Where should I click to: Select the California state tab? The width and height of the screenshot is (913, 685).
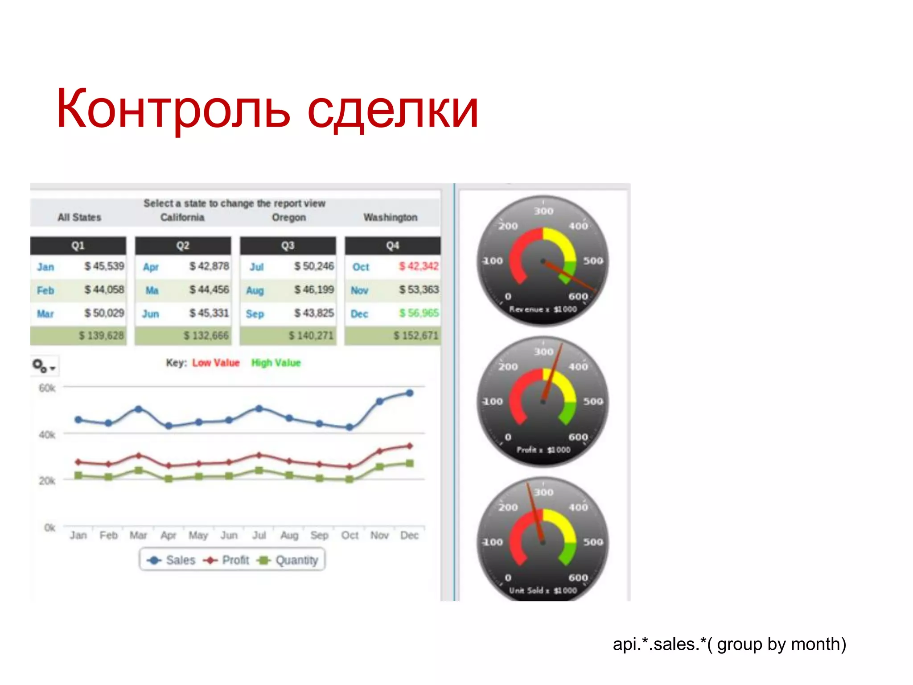(182, 217)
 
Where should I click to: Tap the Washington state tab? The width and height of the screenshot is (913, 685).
(390, 217)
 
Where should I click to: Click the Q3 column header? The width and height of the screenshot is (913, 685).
(288, 245)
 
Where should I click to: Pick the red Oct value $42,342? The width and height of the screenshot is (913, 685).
(419, 266)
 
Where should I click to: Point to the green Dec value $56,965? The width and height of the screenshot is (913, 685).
(419, 313)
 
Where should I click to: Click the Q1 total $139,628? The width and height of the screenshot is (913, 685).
(101, 335)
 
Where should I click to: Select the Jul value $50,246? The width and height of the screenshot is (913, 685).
(314, 266)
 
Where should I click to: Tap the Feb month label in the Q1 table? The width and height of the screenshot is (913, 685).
(45, 290)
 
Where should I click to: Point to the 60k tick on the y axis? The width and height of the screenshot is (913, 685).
(47, 388)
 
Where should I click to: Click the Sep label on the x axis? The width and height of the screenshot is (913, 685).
(319, 535)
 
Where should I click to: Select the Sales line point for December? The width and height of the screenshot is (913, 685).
(409, 393)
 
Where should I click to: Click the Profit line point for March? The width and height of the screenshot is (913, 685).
(139, 456)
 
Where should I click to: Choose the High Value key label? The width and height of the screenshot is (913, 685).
(276, 363)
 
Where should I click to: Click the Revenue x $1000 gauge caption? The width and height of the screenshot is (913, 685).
(543, 309)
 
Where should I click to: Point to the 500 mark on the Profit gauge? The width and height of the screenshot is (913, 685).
(593, 401)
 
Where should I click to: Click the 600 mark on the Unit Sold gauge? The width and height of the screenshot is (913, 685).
(578, 578)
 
